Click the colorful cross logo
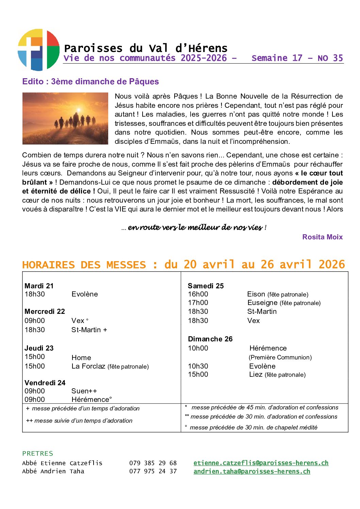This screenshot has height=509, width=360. [x=38, y=50]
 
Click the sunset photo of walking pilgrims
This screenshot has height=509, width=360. [x=65, y=118]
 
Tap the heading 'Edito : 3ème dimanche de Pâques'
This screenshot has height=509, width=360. [x=91, y=82]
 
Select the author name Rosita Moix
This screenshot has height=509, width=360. [x=322, y=237]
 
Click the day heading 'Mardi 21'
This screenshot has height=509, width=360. [x=39, y=286]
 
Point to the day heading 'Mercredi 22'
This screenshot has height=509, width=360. [x=45, y=311]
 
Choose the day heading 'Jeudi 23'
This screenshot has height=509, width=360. [x=39, y=348]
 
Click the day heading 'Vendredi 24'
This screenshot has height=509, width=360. [x=45, y=383]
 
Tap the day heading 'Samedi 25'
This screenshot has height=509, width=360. [x=206, y=286]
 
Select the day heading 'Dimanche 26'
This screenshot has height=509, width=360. [x=210, y=339]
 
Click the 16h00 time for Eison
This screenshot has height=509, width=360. [x=198, y=294]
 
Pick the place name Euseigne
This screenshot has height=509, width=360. [x=262, y=303]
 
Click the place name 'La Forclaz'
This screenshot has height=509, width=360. [x=88, y=366]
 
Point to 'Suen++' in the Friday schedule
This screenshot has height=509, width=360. [x=84, y=391]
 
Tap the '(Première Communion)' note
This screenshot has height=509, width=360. [x=280, y=357]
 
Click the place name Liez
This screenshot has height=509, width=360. [x=256, y=374]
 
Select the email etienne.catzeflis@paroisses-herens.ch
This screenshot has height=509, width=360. [x=261, y=463]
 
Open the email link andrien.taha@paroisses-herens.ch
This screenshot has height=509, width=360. [x=252, y=472]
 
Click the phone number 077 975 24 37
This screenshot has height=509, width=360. [x=153, y=471]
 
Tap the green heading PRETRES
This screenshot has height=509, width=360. [x=38, y=454]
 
